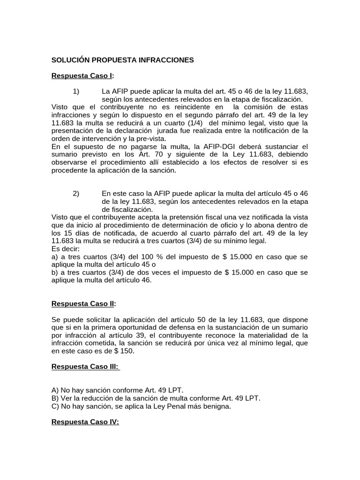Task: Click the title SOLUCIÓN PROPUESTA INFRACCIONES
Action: (x=122, y=60)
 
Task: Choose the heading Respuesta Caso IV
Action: (x=85, y=422)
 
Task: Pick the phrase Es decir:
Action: (x=66, y=248)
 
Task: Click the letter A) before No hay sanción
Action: (x=55, y=390)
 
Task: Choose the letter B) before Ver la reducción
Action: (x=55, y=398)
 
